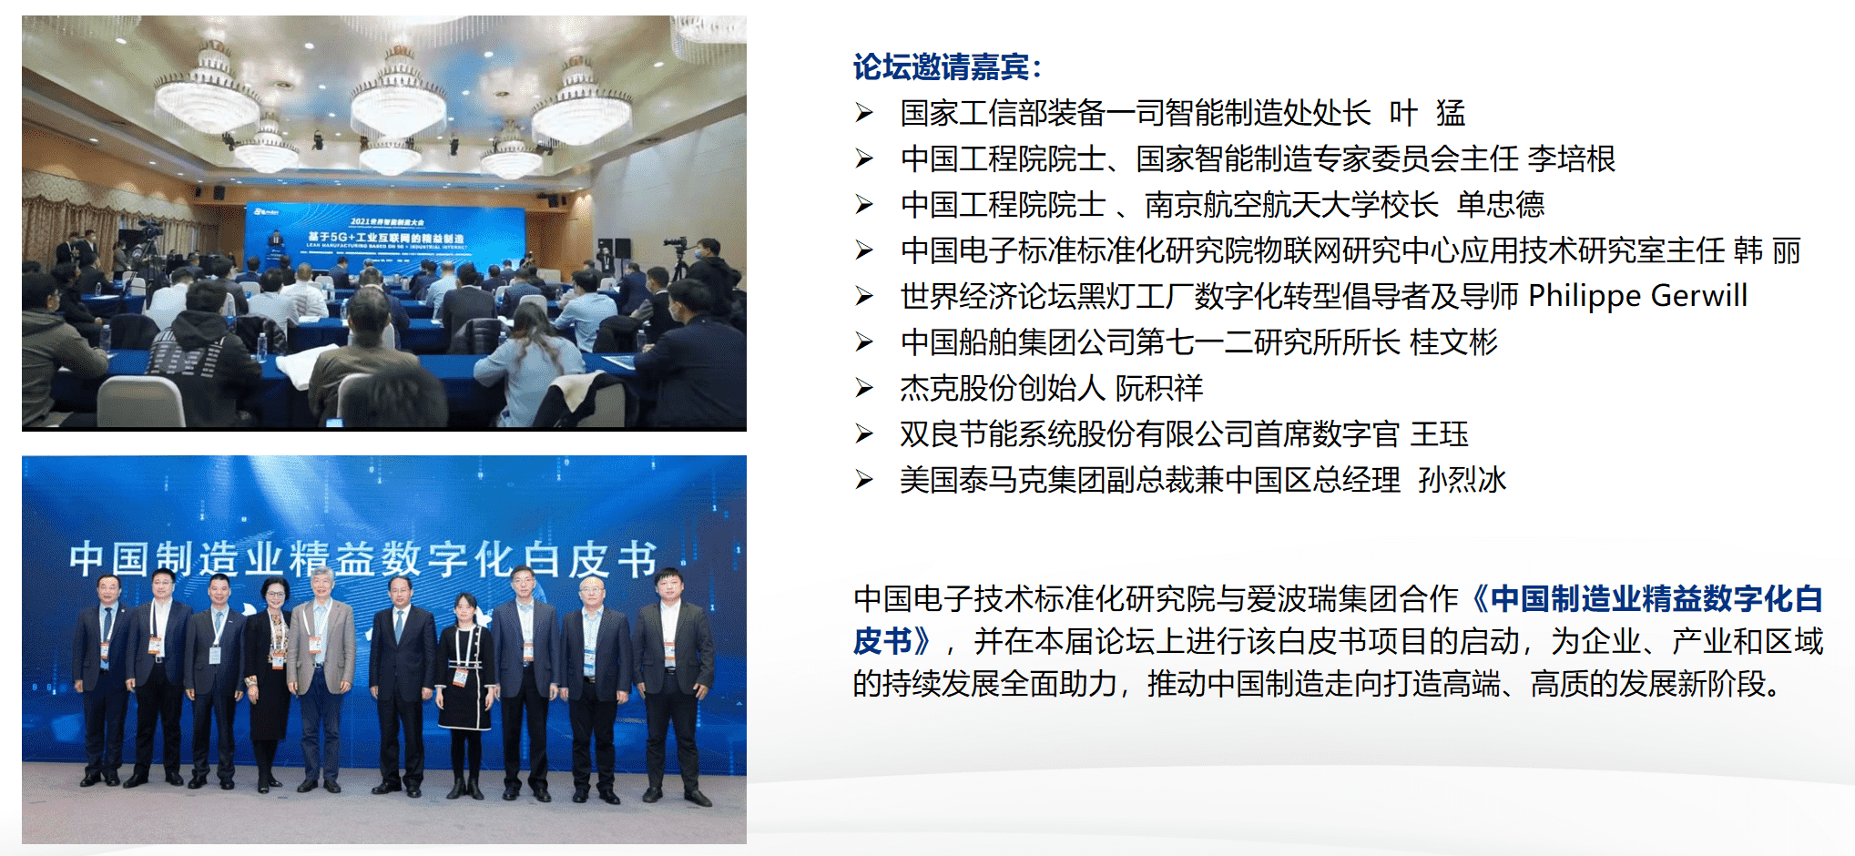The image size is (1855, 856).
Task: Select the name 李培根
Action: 1571,159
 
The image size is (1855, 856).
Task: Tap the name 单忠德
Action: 1501,205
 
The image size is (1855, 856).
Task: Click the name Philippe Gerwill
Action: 1637,296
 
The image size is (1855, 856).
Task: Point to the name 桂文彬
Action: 1453,342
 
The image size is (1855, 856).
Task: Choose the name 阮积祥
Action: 1159,389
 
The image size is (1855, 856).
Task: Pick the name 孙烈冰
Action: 1462,480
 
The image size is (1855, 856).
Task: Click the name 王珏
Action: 1439,434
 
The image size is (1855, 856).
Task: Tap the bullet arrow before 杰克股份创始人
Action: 864,389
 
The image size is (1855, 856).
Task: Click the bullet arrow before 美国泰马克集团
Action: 864,480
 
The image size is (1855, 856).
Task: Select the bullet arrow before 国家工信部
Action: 864,113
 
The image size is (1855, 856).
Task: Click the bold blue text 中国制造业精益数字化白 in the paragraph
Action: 1656,599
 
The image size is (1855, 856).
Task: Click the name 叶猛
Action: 1427,113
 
